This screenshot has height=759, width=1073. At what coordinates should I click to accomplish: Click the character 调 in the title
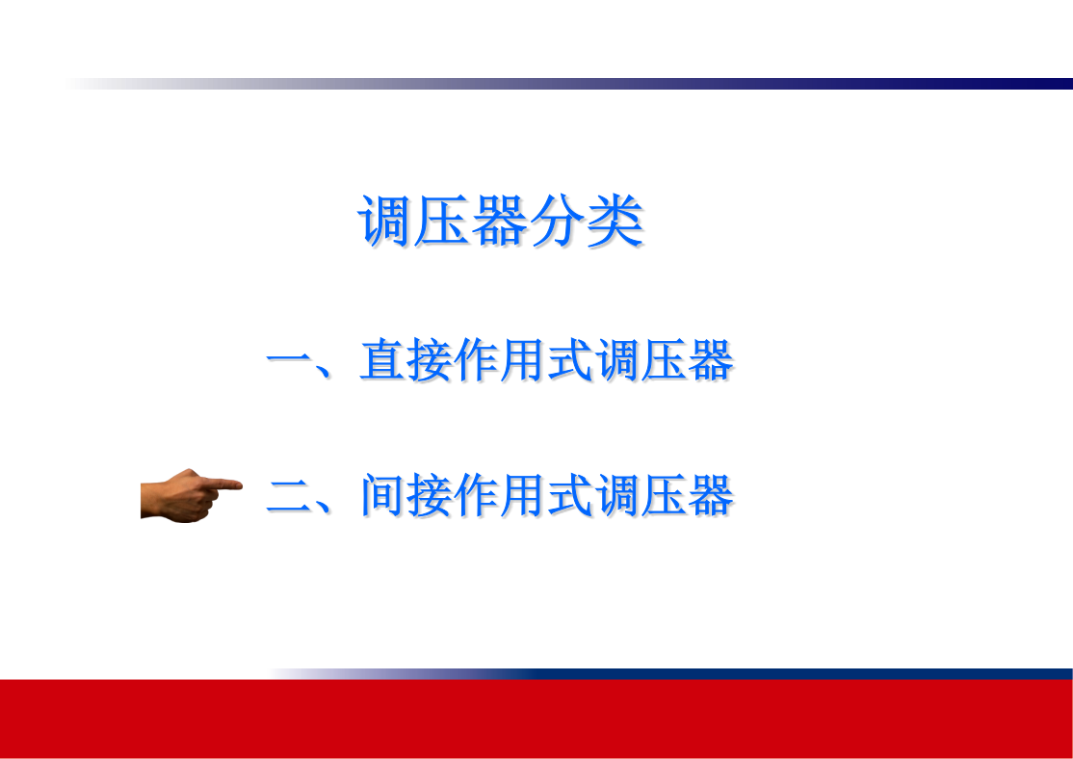tap(385, 221)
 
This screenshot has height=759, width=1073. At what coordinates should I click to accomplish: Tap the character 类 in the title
tap(615, 221)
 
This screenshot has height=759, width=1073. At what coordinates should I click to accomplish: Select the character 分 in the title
tap(558, 221)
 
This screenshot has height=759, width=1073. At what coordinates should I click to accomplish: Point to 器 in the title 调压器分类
tap(500, 221)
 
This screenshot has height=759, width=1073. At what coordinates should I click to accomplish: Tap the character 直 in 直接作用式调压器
tap(382, 359)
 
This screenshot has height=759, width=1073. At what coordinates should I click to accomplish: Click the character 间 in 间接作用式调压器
tap(382, 495)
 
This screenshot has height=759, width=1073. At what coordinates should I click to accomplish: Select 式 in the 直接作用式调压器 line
tap(570, 359)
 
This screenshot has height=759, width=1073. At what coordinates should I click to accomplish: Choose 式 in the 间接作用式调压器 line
tap(570, 495)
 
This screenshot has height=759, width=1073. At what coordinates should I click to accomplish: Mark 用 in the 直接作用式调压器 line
tap(523, 359)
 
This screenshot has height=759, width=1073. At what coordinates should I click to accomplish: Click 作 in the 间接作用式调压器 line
tap(476, 495)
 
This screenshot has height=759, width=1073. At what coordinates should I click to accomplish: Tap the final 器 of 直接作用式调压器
tap(711, 359)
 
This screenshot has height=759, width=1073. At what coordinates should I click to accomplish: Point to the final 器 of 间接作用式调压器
tap(711, 495)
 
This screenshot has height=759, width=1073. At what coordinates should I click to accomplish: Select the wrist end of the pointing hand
tap(143, 500)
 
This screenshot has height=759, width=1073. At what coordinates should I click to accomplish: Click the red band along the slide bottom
tap(536, 719)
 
